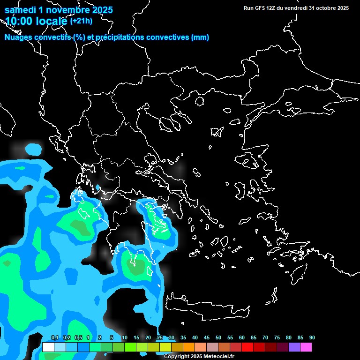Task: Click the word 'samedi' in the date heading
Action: (20, 10)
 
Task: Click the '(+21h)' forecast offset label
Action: (81, 21)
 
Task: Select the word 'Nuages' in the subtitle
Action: (19, 37)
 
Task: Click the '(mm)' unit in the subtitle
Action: (200, 37)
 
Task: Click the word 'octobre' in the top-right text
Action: (321, 8)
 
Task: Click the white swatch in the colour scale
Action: (48, 347)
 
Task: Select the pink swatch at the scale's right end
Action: (306, 347)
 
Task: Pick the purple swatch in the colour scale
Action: (294, 347)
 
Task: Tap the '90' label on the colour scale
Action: (312, 338)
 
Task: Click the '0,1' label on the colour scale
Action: (54, 338)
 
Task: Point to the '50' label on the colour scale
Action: (218, 338)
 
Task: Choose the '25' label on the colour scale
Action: (160, 338)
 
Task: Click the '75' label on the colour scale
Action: (277, 338)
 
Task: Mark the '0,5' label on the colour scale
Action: (78, 338)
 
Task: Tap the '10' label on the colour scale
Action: (125, 338)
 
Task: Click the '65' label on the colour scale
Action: (254, 338)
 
